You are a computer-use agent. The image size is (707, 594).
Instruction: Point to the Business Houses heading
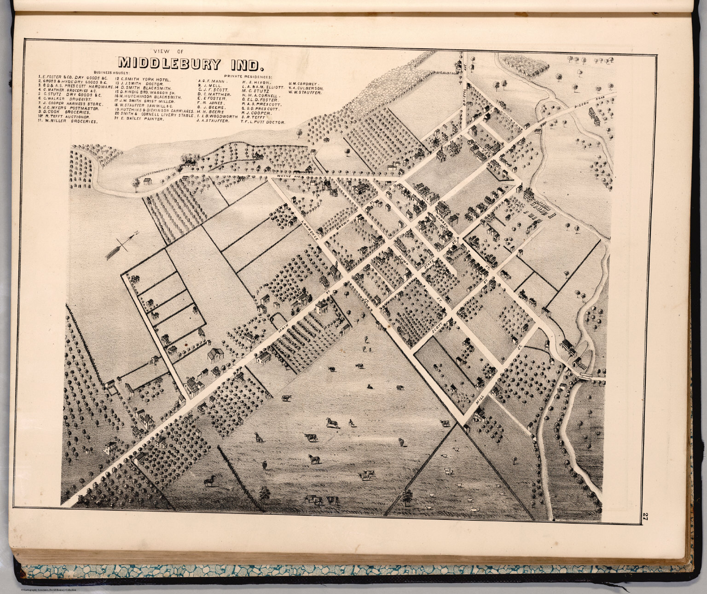tap(112, 72)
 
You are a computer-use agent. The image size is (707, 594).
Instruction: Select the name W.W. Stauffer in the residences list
tap(305, 92)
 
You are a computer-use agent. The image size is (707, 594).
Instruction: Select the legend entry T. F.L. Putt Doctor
tap(262, 123)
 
